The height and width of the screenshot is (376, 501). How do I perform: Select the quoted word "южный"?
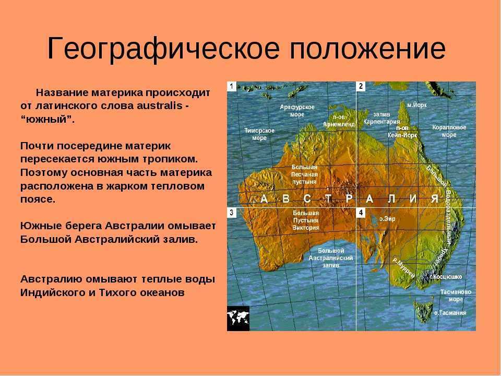click(47, 119)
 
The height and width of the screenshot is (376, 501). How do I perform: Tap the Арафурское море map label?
click(297, 111)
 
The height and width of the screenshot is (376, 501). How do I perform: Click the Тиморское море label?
click(259, 134)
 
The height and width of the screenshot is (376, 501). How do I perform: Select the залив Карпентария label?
click(381, 118)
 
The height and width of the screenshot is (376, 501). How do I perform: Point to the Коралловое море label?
click(449, 131)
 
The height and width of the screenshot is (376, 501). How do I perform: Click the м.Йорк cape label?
click(417, 105)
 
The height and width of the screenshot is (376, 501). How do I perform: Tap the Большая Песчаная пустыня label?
click(304, 174)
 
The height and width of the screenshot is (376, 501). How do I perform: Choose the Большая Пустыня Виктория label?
click(306, 220)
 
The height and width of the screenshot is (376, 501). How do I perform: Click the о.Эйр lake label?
click(387, 219)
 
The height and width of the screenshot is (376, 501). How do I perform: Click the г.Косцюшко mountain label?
click(446, 277)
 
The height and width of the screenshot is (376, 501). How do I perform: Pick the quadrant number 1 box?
click(232, 86)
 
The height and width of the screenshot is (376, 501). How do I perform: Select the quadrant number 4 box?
click(361, 213)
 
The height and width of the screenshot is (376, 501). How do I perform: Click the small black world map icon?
click(238, 318)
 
